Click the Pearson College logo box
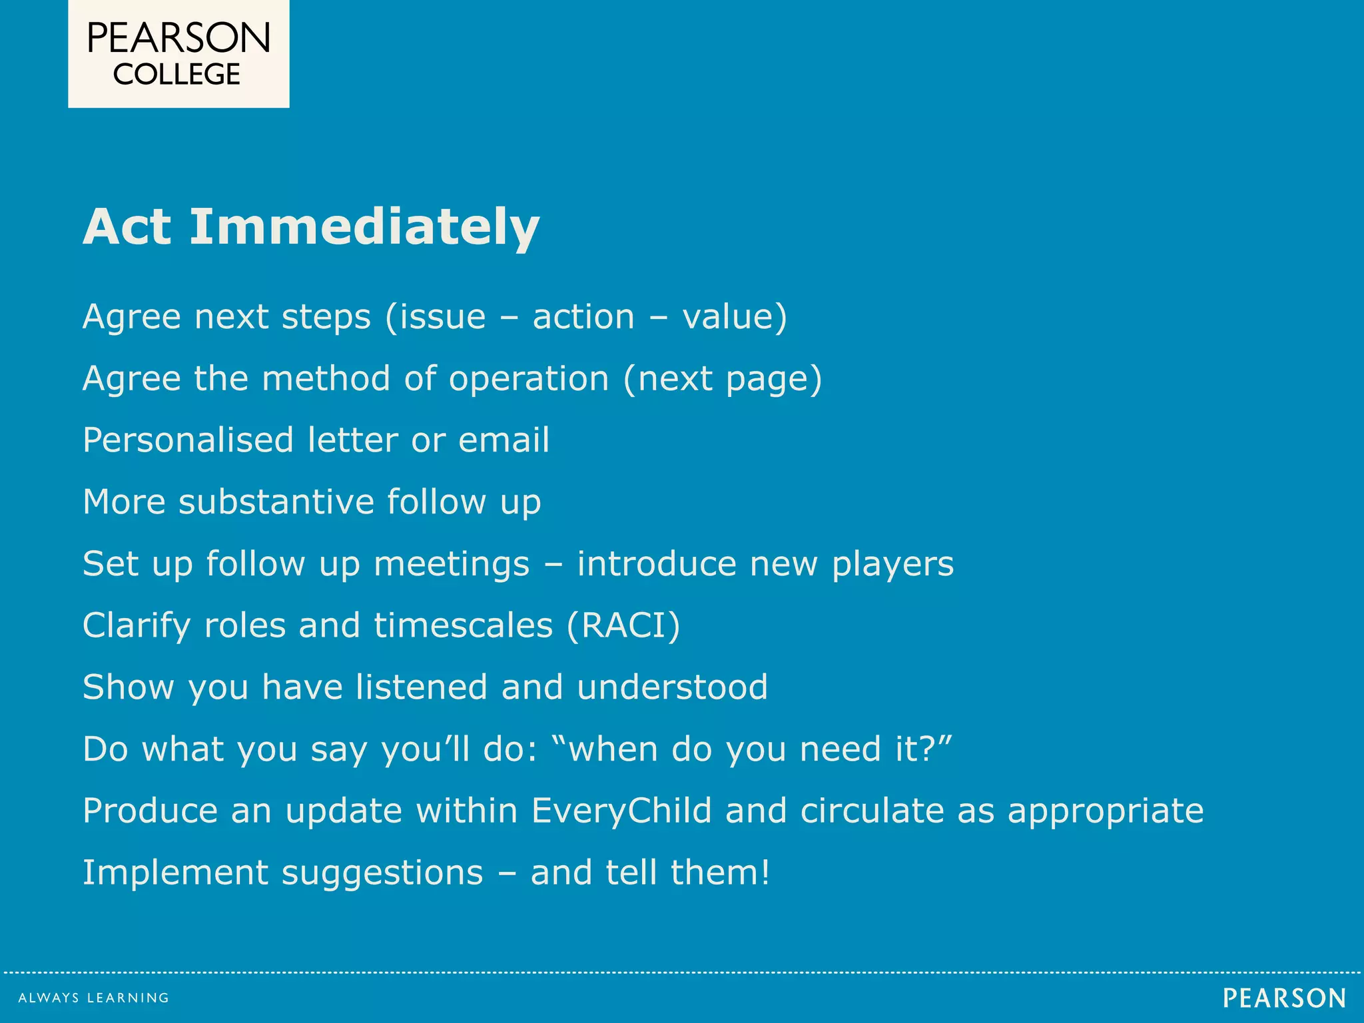178,53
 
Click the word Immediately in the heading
364,227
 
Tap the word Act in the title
127,227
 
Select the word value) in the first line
735,317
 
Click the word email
504,440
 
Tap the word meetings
452,565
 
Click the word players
892,565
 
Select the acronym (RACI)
623,626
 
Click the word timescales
463,626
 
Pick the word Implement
174,873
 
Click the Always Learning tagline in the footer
94,998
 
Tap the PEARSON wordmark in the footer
1284,998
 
